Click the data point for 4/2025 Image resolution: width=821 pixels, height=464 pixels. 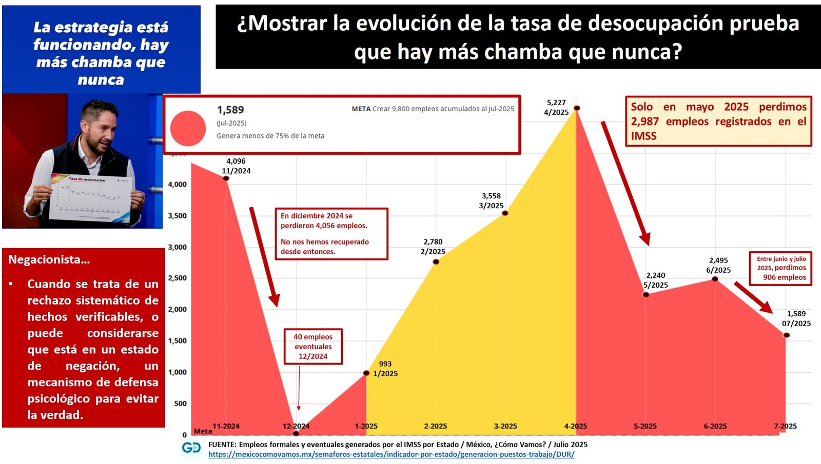click(x=577, y=108)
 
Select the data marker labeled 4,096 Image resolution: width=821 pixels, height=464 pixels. click(x=226, y=178)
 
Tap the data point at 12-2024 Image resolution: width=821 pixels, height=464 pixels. click(x=296, y=434)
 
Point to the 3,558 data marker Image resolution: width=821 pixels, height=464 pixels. click(x=505, y=213)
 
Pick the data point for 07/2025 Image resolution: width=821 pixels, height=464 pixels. click(x=786, y=335)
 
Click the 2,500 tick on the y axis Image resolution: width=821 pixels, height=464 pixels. click(x=177, y=278)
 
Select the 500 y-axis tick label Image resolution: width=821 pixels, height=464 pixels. click(x=180, y=404)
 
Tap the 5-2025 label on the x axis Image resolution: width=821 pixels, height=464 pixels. click(x=645, y=426)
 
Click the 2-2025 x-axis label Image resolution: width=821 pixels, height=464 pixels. click(x=435, y=426)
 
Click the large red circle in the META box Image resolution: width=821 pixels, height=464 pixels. click(x=188, y=128)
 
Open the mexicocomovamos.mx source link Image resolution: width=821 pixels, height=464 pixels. click(x=391, y=454)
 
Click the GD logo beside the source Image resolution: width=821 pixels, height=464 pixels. click(x=191, y=448)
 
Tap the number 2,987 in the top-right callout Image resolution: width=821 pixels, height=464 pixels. click(x=644, y=122)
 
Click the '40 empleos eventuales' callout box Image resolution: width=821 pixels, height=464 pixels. click(x=313, y=347)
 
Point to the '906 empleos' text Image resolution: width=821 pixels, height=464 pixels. click(x=784, y=277)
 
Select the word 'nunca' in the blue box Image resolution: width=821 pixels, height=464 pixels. click(x=101, y=80)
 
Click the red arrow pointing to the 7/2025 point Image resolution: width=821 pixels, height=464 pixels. click(x=753, y=297)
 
